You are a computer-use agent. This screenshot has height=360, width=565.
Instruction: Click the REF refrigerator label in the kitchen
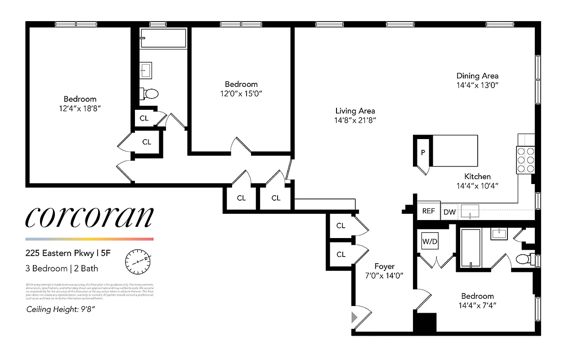click(x=428, y=211)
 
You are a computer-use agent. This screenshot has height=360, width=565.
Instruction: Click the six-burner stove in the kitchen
click(x=525, y=160)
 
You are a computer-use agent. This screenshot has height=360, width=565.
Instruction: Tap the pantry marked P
click(x=423, y=152)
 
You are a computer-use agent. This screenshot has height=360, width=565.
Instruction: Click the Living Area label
click(x=355, y=111)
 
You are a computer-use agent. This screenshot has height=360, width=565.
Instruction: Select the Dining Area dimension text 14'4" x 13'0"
click(x=477, y=85)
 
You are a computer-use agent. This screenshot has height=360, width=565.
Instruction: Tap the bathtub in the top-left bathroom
click(x=163, y=38)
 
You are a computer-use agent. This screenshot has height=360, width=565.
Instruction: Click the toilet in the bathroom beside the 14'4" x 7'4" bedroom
click(x=523, y=259)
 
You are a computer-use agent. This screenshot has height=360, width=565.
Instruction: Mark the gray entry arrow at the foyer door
click(x=354, y=317)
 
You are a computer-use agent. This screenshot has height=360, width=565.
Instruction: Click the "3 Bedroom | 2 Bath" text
click(x=62, y=269)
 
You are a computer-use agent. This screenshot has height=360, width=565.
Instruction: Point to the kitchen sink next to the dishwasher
click(x=471, y=210)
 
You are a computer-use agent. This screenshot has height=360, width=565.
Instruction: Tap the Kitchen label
click(x=477, y=176)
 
